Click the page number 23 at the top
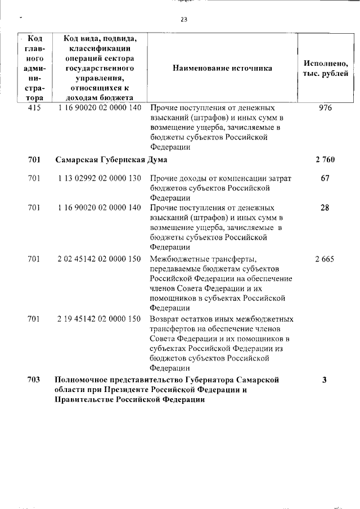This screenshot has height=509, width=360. click(x=183, y=19)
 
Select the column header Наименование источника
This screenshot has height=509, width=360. click(x=222, y=68)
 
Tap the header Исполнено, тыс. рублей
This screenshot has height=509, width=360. click(x=325, y=68)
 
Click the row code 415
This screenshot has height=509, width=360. click(x=34, y=107)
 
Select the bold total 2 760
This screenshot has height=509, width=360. click(x=325, y=160)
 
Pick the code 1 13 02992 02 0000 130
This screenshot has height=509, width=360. click(x=99, y=178)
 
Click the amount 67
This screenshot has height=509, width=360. click(x=325, y=178)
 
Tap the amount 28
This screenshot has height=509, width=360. click(x=325, y=208)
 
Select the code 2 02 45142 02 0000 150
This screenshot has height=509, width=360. click(x=99, y=259)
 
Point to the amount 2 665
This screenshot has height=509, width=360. click(x=325, y=259)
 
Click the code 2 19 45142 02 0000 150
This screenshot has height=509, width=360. click(x=99, y=319)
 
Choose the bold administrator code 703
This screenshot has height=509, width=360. click(x=34, y=380)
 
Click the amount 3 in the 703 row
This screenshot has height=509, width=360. click(x=325, y=380)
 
